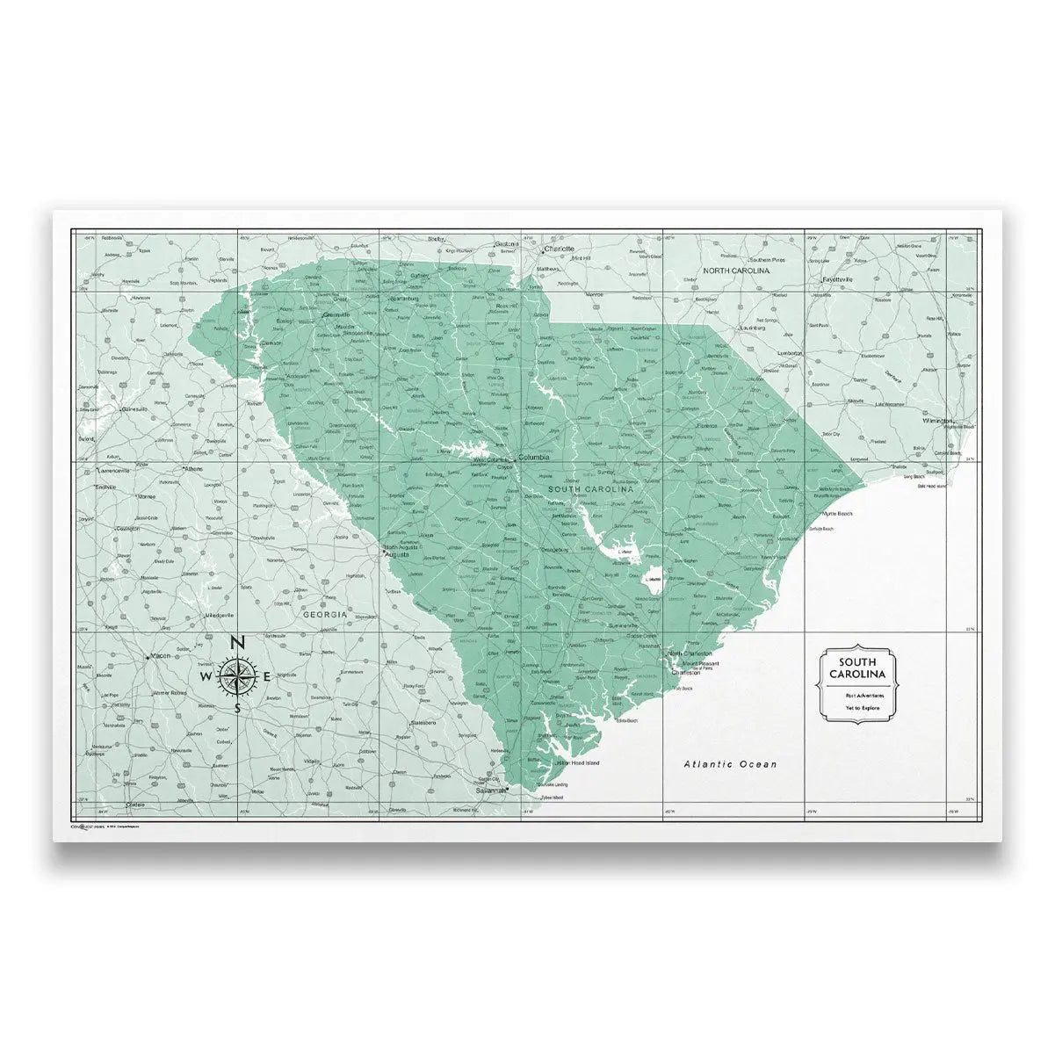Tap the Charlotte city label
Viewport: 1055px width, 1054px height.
(x=559, y=249)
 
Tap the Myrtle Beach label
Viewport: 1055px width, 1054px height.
(x=837, y=513)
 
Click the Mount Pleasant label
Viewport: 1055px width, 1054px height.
(x=701, y=663)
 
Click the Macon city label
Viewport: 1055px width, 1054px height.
(x=160, y=655)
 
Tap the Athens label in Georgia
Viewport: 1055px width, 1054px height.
(x=193, y=469)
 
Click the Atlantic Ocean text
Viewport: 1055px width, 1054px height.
(x=730, y=764)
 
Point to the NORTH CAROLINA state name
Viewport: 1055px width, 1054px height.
(x=736, y=271)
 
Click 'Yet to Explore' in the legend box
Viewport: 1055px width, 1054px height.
(x=862, y=707)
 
